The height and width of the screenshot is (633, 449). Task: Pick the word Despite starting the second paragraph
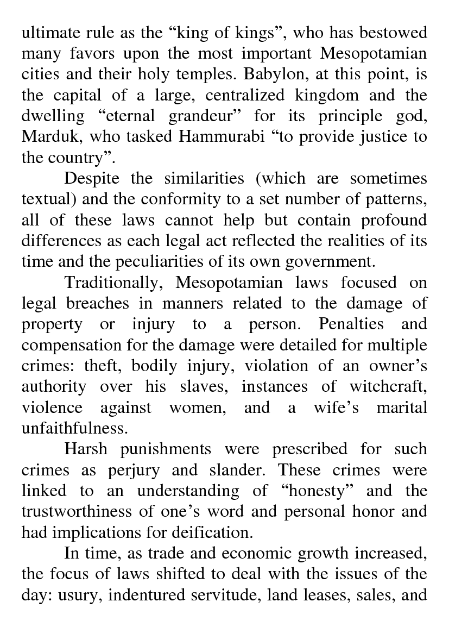click(92, 178)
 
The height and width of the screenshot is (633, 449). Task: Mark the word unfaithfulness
click(74, 428)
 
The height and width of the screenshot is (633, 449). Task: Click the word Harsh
click(86, 449)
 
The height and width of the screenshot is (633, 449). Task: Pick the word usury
click(78, 594)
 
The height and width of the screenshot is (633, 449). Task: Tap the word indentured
click(145, 594)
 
